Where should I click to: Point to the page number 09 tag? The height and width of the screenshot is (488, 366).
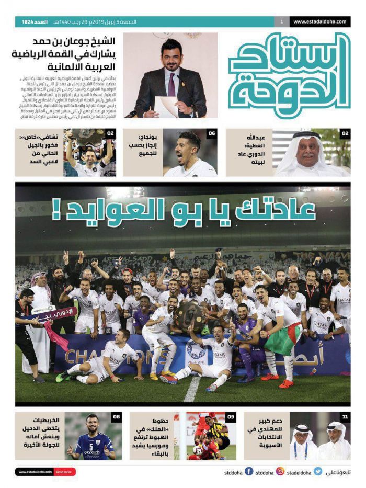click(231, 417)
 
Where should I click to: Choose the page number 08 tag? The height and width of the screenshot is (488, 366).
click(116, 417)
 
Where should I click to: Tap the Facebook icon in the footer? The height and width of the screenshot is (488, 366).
click(249, 472)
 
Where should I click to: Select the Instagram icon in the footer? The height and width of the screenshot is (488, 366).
click(280, 472)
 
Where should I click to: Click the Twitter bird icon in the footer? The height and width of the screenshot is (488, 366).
click(318, 472)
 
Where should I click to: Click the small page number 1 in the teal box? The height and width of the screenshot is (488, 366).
click(282, 22)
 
